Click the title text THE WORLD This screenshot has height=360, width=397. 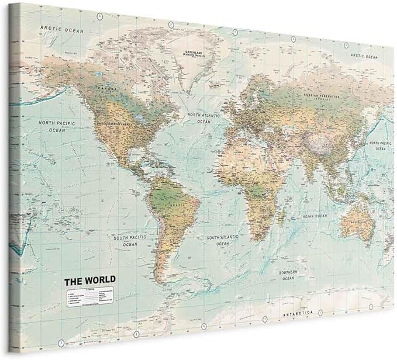point(89,280)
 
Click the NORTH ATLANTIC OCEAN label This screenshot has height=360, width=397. point(203,119)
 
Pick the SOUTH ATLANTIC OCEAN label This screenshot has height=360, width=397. point(221,240)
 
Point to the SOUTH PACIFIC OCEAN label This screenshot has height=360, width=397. point(130,240)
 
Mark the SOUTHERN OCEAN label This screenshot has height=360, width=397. point(288,275)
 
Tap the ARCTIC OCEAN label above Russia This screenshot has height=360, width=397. point(365,56)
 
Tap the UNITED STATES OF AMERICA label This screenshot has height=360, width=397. point(116,124)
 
